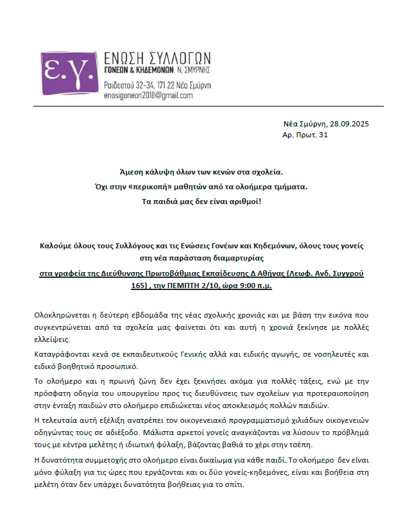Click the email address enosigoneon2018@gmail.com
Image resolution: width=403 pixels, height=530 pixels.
pyautogui.click(x=148, y=95)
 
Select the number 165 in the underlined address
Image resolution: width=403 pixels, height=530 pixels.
pyautogui.click(x=140, y=285)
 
